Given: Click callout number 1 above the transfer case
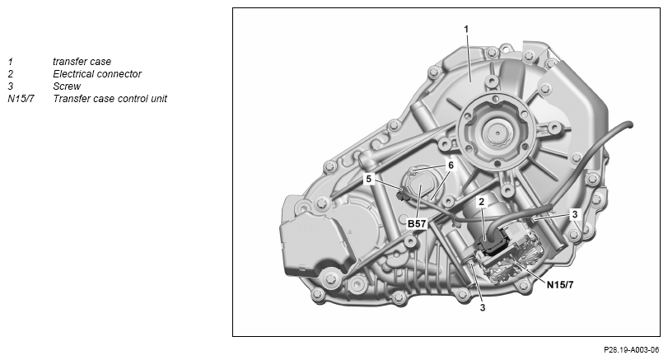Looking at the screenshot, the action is [x=466, y=29].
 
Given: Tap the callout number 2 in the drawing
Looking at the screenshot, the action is [x=481, y=202].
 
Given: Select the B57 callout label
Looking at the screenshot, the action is [x=417, y=223].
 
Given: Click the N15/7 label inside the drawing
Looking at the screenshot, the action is [x=560, y=284].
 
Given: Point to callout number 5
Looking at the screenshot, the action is [x=368, y=179].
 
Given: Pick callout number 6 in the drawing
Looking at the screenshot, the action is [x=451, y=165].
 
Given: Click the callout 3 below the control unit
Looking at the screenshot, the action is [x=482, y=307].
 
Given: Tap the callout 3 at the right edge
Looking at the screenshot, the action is [x=574, y=214].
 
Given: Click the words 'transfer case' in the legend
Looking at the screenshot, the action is [x=82, y=61].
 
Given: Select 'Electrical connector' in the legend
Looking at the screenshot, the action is [x=97, y=73].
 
